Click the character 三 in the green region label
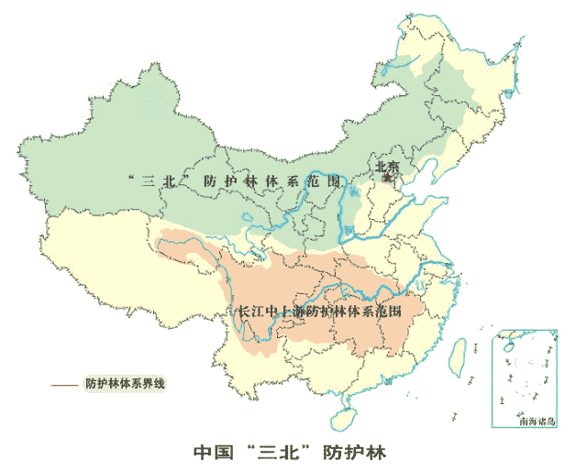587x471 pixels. click(x=148, y=181)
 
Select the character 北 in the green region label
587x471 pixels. click(x=171, y=181)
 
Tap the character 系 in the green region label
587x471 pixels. click(x=292, y=181)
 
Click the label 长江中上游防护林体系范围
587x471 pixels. click(x=320, y=312)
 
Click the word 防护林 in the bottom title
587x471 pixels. click(x=359, y=452)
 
